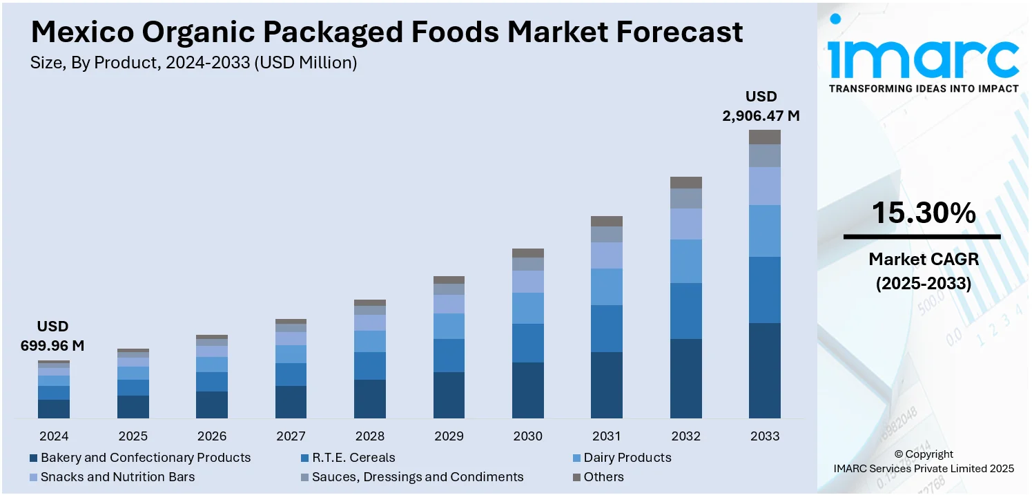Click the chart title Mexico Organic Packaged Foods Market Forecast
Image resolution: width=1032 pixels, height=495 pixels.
(x=387, y=32)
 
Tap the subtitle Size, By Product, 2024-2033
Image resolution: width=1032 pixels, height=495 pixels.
(x=193, y=64)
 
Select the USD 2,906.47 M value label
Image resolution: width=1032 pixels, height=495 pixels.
(x=761, y=106)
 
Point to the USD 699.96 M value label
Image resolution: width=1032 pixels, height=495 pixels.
(x=52, y=336)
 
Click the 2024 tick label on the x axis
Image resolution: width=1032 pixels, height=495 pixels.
(x=54, y=436)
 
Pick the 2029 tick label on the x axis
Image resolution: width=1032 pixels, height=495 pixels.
(x=449, y=436)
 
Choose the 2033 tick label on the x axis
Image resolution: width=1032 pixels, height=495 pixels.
(x=764, y=436)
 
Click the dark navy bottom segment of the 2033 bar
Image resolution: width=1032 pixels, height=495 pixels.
(x=764, y=370)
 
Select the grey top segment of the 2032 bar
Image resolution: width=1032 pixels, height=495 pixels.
(x=685, y=182)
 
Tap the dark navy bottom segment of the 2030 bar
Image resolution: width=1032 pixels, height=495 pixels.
(x=528, y=390)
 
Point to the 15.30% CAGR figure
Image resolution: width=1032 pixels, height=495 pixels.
(x=923, y=213)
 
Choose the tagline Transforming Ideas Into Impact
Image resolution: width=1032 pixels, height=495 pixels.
(x=923, y=88)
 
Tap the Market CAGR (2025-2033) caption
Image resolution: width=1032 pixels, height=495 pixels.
(x=923, y=271)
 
